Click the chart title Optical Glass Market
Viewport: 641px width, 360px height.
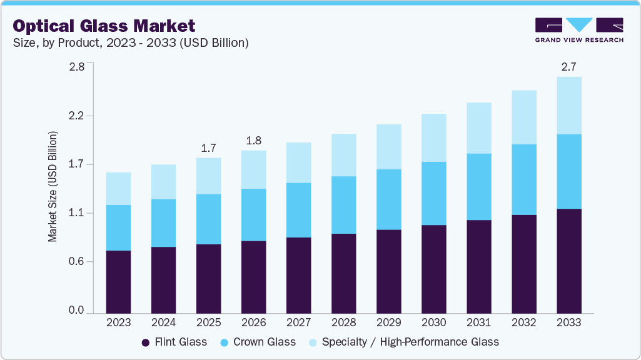[104, 26]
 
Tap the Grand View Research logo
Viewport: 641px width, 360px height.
[579, 30]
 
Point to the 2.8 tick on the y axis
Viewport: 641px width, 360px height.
[76, 67]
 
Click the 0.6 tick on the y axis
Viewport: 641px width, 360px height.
[76, 262]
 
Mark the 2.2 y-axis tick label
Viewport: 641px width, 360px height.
[76, 116]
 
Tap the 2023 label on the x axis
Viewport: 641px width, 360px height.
[118, 323]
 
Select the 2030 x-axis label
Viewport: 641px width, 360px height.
[433, 323]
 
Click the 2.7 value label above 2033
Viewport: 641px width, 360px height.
[568, 66]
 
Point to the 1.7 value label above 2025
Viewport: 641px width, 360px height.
[208, 148]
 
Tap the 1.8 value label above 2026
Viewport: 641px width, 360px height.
[253, 141]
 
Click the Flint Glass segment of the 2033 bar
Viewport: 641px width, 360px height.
[568, 261]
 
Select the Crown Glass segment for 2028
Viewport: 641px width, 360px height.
[343, 205]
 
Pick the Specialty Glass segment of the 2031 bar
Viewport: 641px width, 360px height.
[478, 128]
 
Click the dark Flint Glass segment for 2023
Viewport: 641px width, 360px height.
[118, 281]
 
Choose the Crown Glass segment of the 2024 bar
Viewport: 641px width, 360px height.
[163, 223]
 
